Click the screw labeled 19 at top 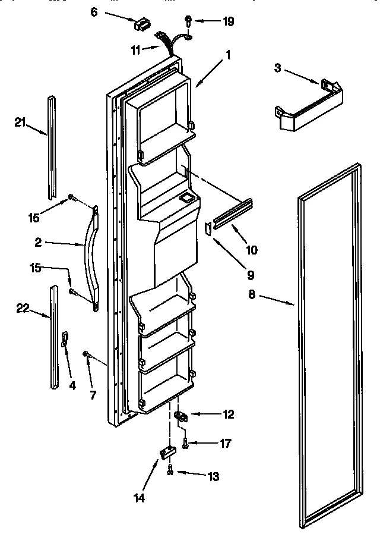click(187, 23)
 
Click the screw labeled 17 click(186, 443)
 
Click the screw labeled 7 click(87, 355)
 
